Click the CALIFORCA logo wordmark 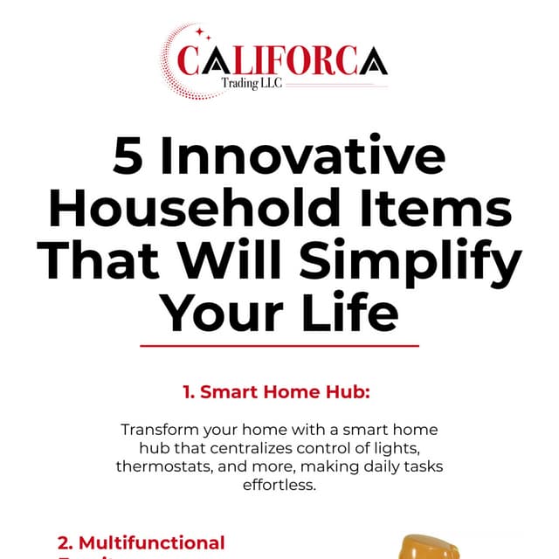point(281,61)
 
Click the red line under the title point(279,345)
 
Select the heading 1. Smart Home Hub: point(277,392)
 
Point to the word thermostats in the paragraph point(162,466)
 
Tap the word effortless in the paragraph point(279,484)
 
